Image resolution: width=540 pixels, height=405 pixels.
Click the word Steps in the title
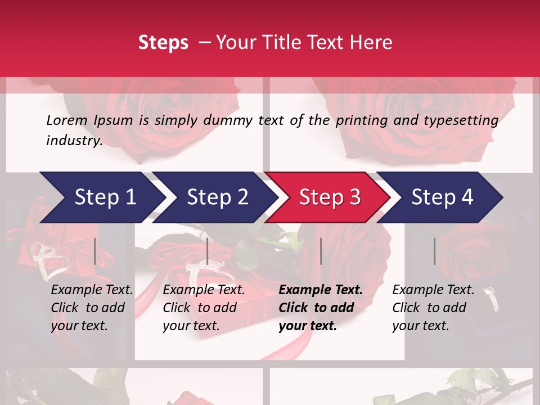(x=163, y=43)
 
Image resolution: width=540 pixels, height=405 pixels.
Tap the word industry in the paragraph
(x=74, y=140)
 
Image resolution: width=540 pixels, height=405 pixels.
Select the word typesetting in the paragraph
(x=461, y=120)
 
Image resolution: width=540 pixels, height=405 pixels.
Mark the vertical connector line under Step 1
(x=95, y=251)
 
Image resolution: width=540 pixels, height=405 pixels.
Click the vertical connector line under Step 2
(x=208, y=251)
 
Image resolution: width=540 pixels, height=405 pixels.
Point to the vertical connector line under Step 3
(x=321, y=251)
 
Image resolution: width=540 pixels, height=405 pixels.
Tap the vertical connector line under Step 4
(x=434, y=251)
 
